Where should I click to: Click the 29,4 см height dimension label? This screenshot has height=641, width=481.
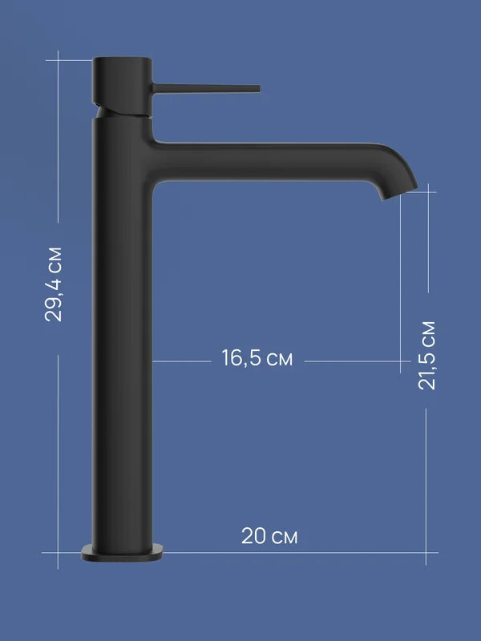(54, 284)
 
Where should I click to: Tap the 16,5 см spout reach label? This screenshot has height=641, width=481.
(257, 358)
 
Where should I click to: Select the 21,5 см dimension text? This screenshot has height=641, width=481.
(427, 355)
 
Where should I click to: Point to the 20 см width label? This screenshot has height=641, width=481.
(269, 535)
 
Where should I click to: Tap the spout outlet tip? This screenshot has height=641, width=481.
(399, 194)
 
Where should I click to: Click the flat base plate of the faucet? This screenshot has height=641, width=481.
(122, 553)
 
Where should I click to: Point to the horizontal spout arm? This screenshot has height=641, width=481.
(262, 163)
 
